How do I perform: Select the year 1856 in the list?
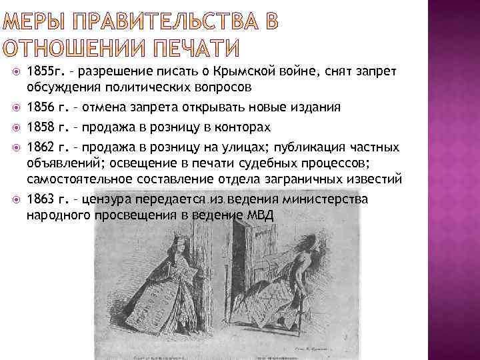(x=38, y=107)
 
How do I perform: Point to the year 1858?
(x=38, y=127)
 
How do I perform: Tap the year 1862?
(x=38, y=145)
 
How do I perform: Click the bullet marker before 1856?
(x=17, y=107)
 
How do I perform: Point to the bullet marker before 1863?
(x=17, y=199)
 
